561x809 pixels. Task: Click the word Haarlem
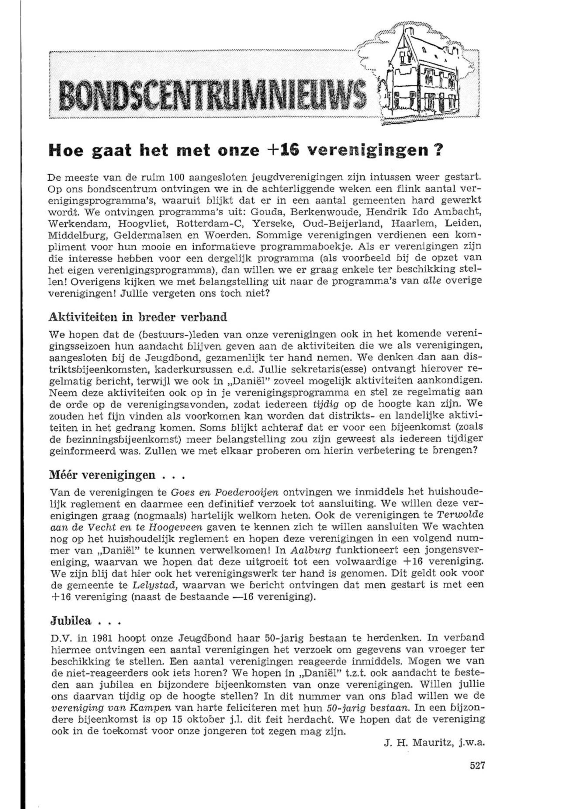click(x=417, y=224)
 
